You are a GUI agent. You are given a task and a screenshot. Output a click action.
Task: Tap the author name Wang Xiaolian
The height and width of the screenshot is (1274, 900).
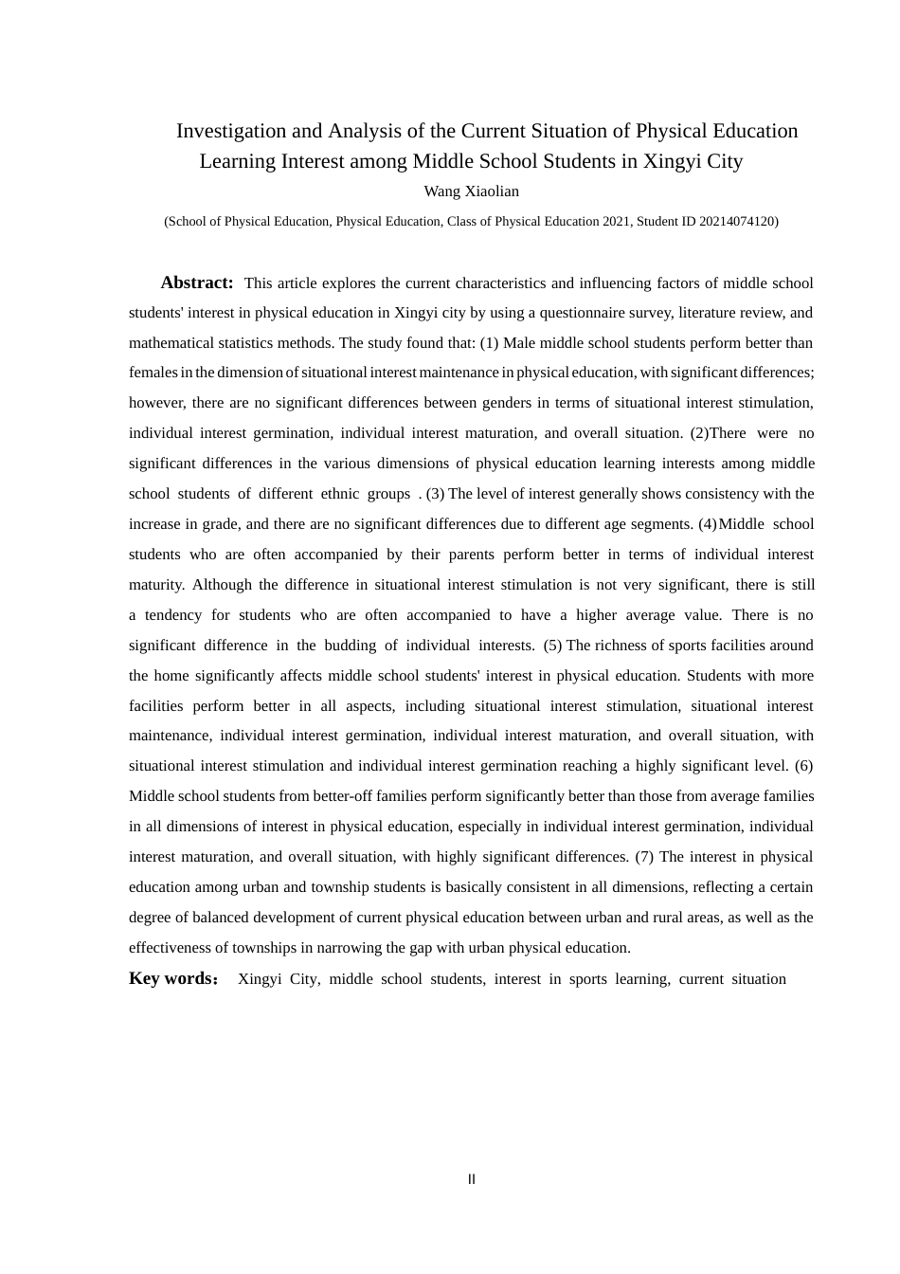(471, 191)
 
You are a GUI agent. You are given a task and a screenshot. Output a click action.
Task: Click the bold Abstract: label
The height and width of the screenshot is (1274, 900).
(197, 282)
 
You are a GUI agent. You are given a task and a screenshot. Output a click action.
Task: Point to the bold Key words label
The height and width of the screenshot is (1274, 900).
(172, 978)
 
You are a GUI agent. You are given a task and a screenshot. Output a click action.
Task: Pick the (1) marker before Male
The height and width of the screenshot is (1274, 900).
(489, 343)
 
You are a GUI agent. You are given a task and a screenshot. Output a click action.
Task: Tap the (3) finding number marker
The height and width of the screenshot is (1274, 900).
(435, 494)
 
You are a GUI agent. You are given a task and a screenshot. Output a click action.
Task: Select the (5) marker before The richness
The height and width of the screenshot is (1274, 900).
(552, 646)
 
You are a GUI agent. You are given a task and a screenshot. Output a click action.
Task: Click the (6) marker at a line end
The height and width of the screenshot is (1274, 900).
(803, 766)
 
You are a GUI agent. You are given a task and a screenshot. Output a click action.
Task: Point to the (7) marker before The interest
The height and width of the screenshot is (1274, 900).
(644, 857)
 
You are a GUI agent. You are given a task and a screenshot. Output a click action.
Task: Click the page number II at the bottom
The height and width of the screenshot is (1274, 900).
(472, 1179)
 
